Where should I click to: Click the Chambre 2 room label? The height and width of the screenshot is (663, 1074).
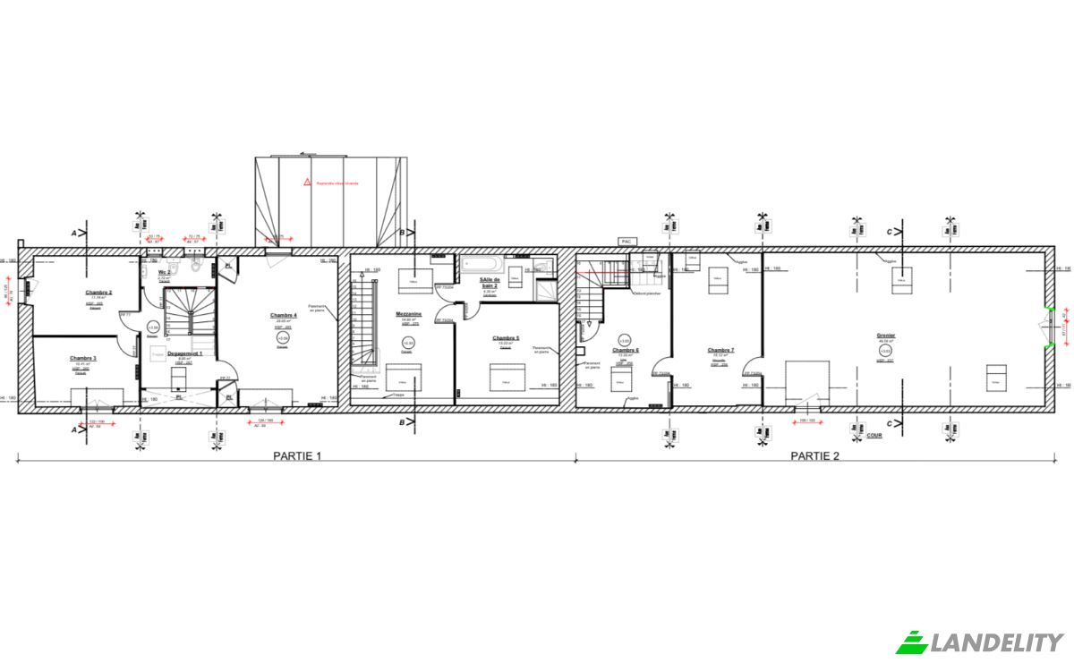click(98, 293)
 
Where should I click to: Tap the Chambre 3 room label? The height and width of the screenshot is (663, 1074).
click(83, 358)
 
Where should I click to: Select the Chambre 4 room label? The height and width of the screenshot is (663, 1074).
click(283, 315)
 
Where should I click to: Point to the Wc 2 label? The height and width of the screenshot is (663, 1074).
click(164, 272)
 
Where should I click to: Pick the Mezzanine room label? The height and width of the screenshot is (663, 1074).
click(408, 314)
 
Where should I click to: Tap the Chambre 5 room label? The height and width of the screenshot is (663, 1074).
click(506, 338)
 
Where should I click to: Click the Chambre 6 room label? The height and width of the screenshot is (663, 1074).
click(626, 351)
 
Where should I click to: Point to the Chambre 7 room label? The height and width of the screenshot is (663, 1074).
click(720, 350)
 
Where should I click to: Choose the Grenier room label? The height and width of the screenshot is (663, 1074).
click(886, 336)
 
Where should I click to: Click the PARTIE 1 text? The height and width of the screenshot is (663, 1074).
click(297, 455)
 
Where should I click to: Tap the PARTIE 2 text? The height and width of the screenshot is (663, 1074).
click(814, 455)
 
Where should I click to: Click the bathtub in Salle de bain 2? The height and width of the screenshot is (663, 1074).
click(482, 264)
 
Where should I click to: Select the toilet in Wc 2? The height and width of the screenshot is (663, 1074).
click(179, 267)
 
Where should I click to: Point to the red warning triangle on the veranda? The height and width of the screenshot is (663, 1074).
click(306, 182)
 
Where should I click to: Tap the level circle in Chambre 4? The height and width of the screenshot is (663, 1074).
click(283, 338)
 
